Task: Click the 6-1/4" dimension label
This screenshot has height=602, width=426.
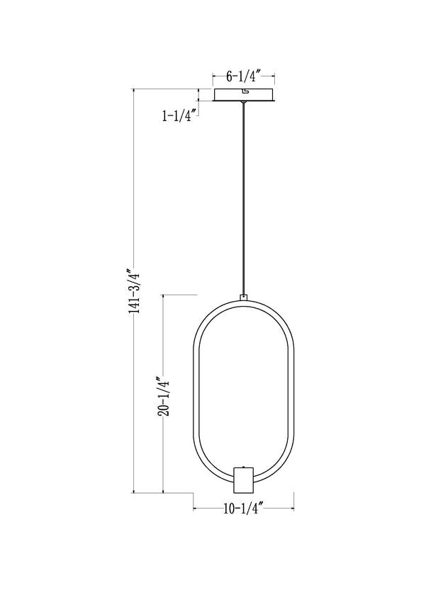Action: [x=244, y=74]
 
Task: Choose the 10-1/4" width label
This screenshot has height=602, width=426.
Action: [x=243, y=508]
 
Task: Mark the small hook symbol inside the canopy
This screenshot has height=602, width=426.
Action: [x=245, y=91]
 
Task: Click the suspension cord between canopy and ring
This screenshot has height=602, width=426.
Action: [x=244, y=198]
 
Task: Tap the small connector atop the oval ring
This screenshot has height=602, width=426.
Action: [x=244, y=298]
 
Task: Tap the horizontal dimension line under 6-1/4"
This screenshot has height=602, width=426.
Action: [x=244, y=81]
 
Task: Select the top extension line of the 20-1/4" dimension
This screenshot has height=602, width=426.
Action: [x=180, y=294]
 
